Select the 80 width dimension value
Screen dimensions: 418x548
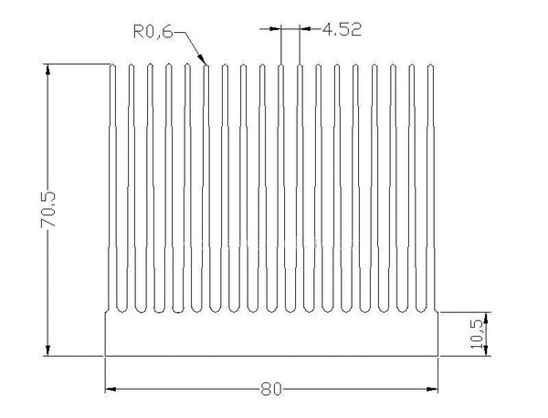[269, 390]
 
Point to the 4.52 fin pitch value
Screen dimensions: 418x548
[342, 29]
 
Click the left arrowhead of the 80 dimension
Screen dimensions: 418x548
[108, 390]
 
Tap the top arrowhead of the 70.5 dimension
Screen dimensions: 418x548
[47, 67]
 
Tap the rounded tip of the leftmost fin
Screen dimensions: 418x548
[113, 65]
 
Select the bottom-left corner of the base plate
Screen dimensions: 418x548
[106, 356]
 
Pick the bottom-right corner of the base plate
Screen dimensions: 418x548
[437, 356]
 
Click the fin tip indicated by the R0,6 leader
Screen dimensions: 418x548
[207, 65]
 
